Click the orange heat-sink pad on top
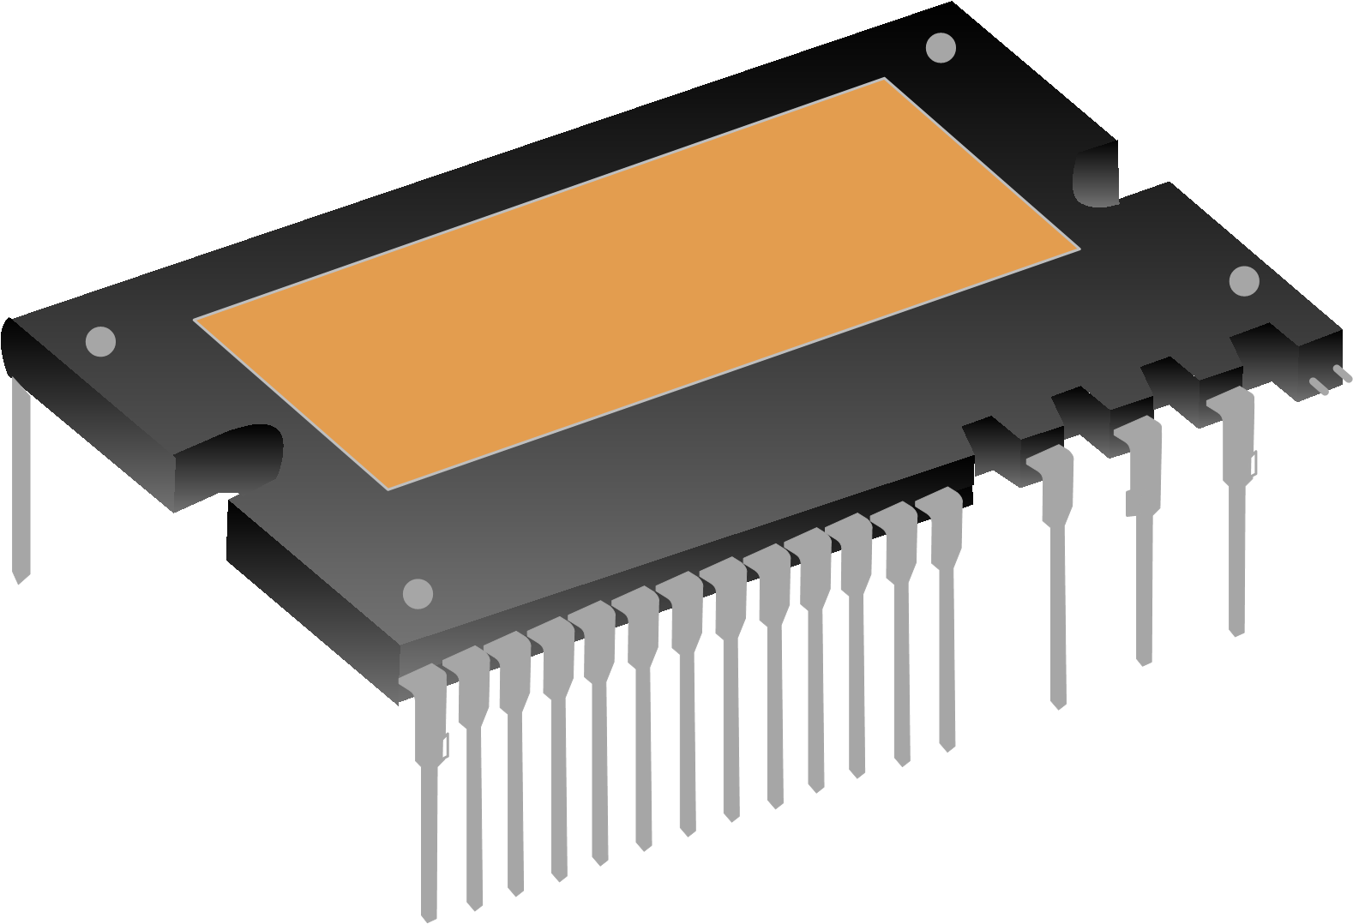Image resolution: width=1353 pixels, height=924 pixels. coord(634,283)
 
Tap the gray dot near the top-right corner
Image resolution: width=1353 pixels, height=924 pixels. coord(941,47)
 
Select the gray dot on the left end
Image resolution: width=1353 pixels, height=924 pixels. coord(100,341)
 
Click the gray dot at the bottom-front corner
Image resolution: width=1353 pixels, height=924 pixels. coord(418,593)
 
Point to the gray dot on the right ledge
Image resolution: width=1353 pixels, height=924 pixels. coord(1243,281)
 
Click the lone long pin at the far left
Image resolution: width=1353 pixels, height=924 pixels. coord(21,480)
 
